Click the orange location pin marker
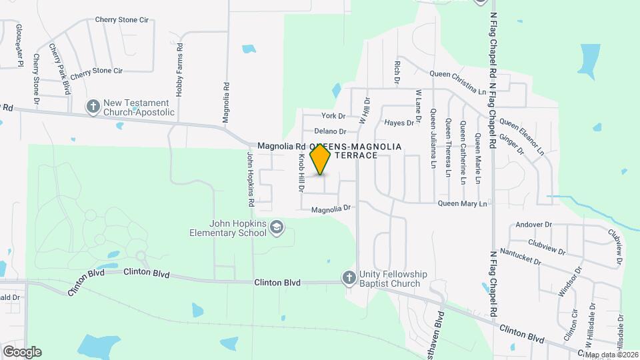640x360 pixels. coord(321,158)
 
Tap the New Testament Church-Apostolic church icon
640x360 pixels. coord(93,106)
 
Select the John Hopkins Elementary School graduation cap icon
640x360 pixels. coord(276,229)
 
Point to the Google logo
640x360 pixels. coord(22,352)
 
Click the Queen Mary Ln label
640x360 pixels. coord(463,203)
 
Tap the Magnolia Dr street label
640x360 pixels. coord(331,209)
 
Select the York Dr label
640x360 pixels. coord(333,117)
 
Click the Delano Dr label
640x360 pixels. coord(330,131)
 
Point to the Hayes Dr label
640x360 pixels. coord(399,123)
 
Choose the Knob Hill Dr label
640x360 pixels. coord(301,173)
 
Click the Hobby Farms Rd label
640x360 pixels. coord(179,71)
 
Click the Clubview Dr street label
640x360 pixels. coord(546,247)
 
